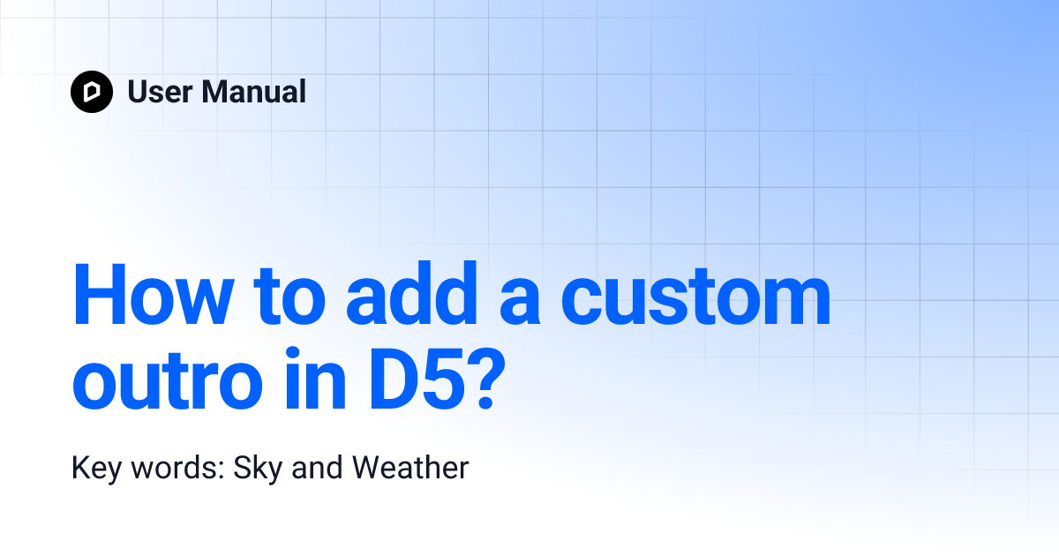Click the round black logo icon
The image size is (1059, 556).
click(92, 92)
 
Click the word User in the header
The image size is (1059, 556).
click(159, 92)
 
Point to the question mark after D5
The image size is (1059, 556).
click(495, 381)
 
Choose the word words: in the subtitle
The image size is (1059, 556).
click(176, 468)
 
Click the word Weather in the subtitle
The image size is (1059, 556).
click(410, 468)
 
